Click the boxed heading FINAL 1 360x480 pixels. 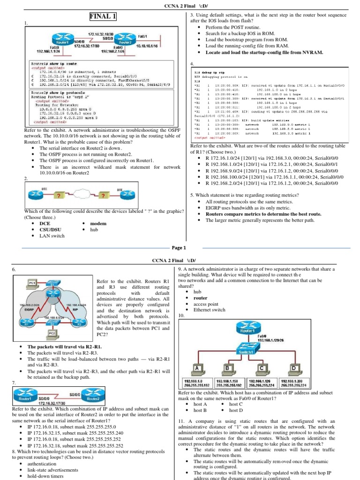[103, 17]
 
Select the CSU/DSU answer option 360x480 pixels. [50, 230]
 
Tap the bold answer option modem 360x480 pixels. [98, 224]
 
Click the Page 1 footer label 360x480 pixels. [179, 247]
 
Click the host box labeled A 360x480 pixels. [197, 368]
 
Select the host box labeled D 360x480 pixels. [294, 368]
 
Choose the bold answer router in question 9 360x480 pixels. [200, 298]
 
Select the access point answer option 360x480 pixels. [206, 303]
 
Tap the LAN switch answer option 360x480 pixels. [52, 236]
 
